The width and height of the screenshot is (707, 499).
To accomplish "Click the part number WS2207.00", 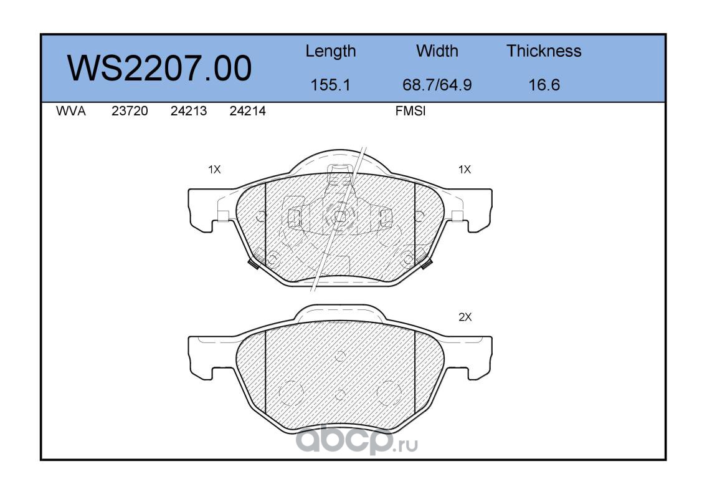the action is click(159, 69).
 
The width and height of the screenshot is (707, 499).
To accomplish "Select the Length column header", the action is click(331, 52).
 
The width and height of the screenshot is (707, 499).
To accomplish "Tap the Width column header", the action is click(437, 51).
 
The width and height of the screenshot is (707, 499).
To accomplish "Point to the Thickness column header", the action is click(544, 51).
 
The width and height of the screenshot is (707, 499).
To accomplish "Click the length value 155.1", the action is click(330, 85).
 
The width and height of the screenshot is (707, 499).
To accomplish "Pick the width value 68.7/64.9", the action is click(437, 85).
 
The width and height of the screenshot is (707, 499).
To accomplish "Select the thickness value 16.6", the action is click(544, 85).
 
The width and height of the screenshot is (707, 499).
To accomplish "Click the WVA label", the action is click(71, 111).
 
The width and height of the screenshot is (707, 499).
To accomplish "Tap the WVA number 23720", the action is click(130, 111).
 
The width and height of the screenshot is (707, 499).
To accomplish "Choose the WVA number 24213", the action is click(189, 111).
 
